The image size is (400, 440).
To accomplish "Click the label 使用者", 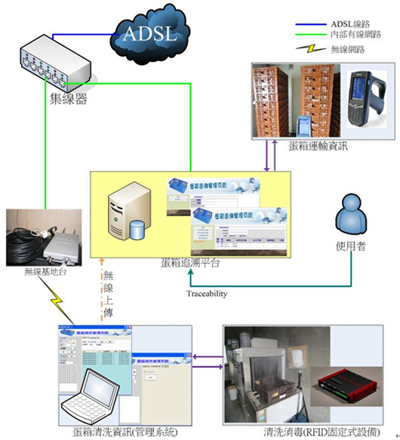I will click(351, 247).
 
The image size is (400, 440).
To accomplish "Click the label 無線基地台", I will click(37, 270).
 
